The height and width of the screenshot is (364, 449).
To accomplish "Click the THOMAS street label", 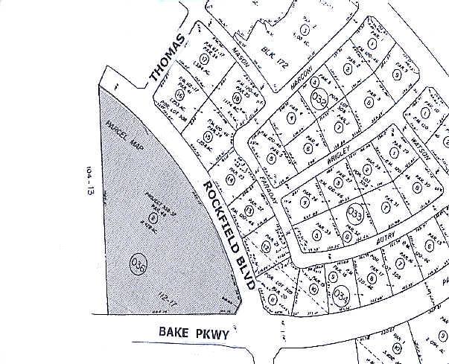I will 166,57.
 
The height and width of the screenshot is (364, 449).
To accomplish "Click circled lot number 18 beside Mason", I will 238,97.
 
